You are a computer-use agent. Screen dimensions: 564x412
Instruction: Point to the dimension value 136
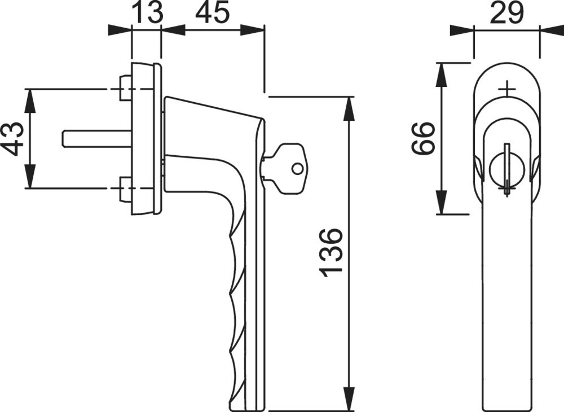[x=329, y=253]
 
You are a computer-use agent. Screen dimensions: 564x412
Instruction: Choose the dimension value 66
[x=423, y=138]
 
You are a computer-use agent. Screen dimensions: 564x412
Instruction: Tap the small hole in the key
[x=297, y=168]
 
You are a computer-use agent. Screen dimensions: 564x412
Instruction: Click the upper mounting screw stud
[x=125, y=88]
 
